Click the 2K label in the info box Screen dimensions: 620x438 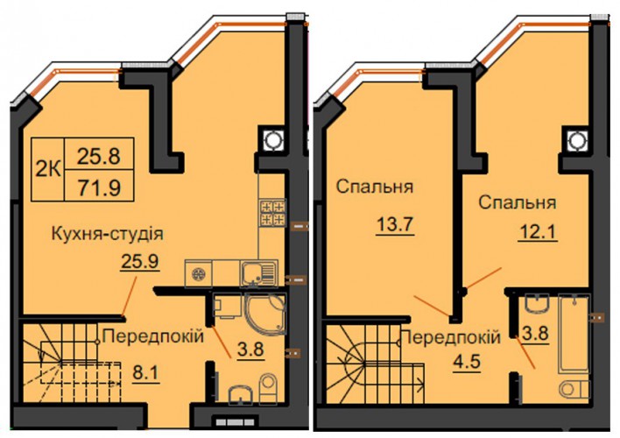(x=48, y=170)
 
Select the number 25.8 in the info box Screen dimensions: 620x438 (x=98, y=156)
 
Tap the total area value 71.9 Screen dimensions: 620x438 (x=99, y=188)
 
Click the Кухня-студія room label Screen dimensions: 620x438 (x=107, y=233)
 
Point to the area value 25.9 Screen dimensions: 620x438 (x=139, y=262)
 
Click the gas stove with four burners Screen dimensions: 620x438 (x=272, y=213)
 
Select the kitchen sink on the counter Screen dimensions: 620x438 (x=258, y=272)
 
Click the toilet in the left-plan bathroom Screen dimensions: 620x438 (x=268, y=388)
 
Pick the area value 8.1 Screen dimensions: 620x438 (x=145, y=373)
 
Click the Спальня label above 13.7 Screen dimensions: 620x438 (x=375, y=187)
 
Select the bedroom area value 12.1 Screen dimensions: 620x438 (x=538, y=231)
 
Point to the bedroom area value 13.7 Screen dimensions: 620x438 (x=395, y=226)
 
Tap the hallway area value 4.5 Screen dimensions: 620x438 (x=468, y=362)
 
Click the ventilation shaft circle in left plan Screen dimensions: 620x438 (x=271, y=139)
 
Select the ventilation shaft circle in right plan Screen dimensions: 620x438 (x=575, y=139)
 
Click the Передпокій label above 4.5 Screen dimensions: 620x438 (x=450, y=337)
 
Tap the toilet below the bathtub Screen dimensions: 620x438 (x=574, y=388)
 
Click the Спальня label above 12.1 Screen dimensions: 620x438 (x=518, y=202)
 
